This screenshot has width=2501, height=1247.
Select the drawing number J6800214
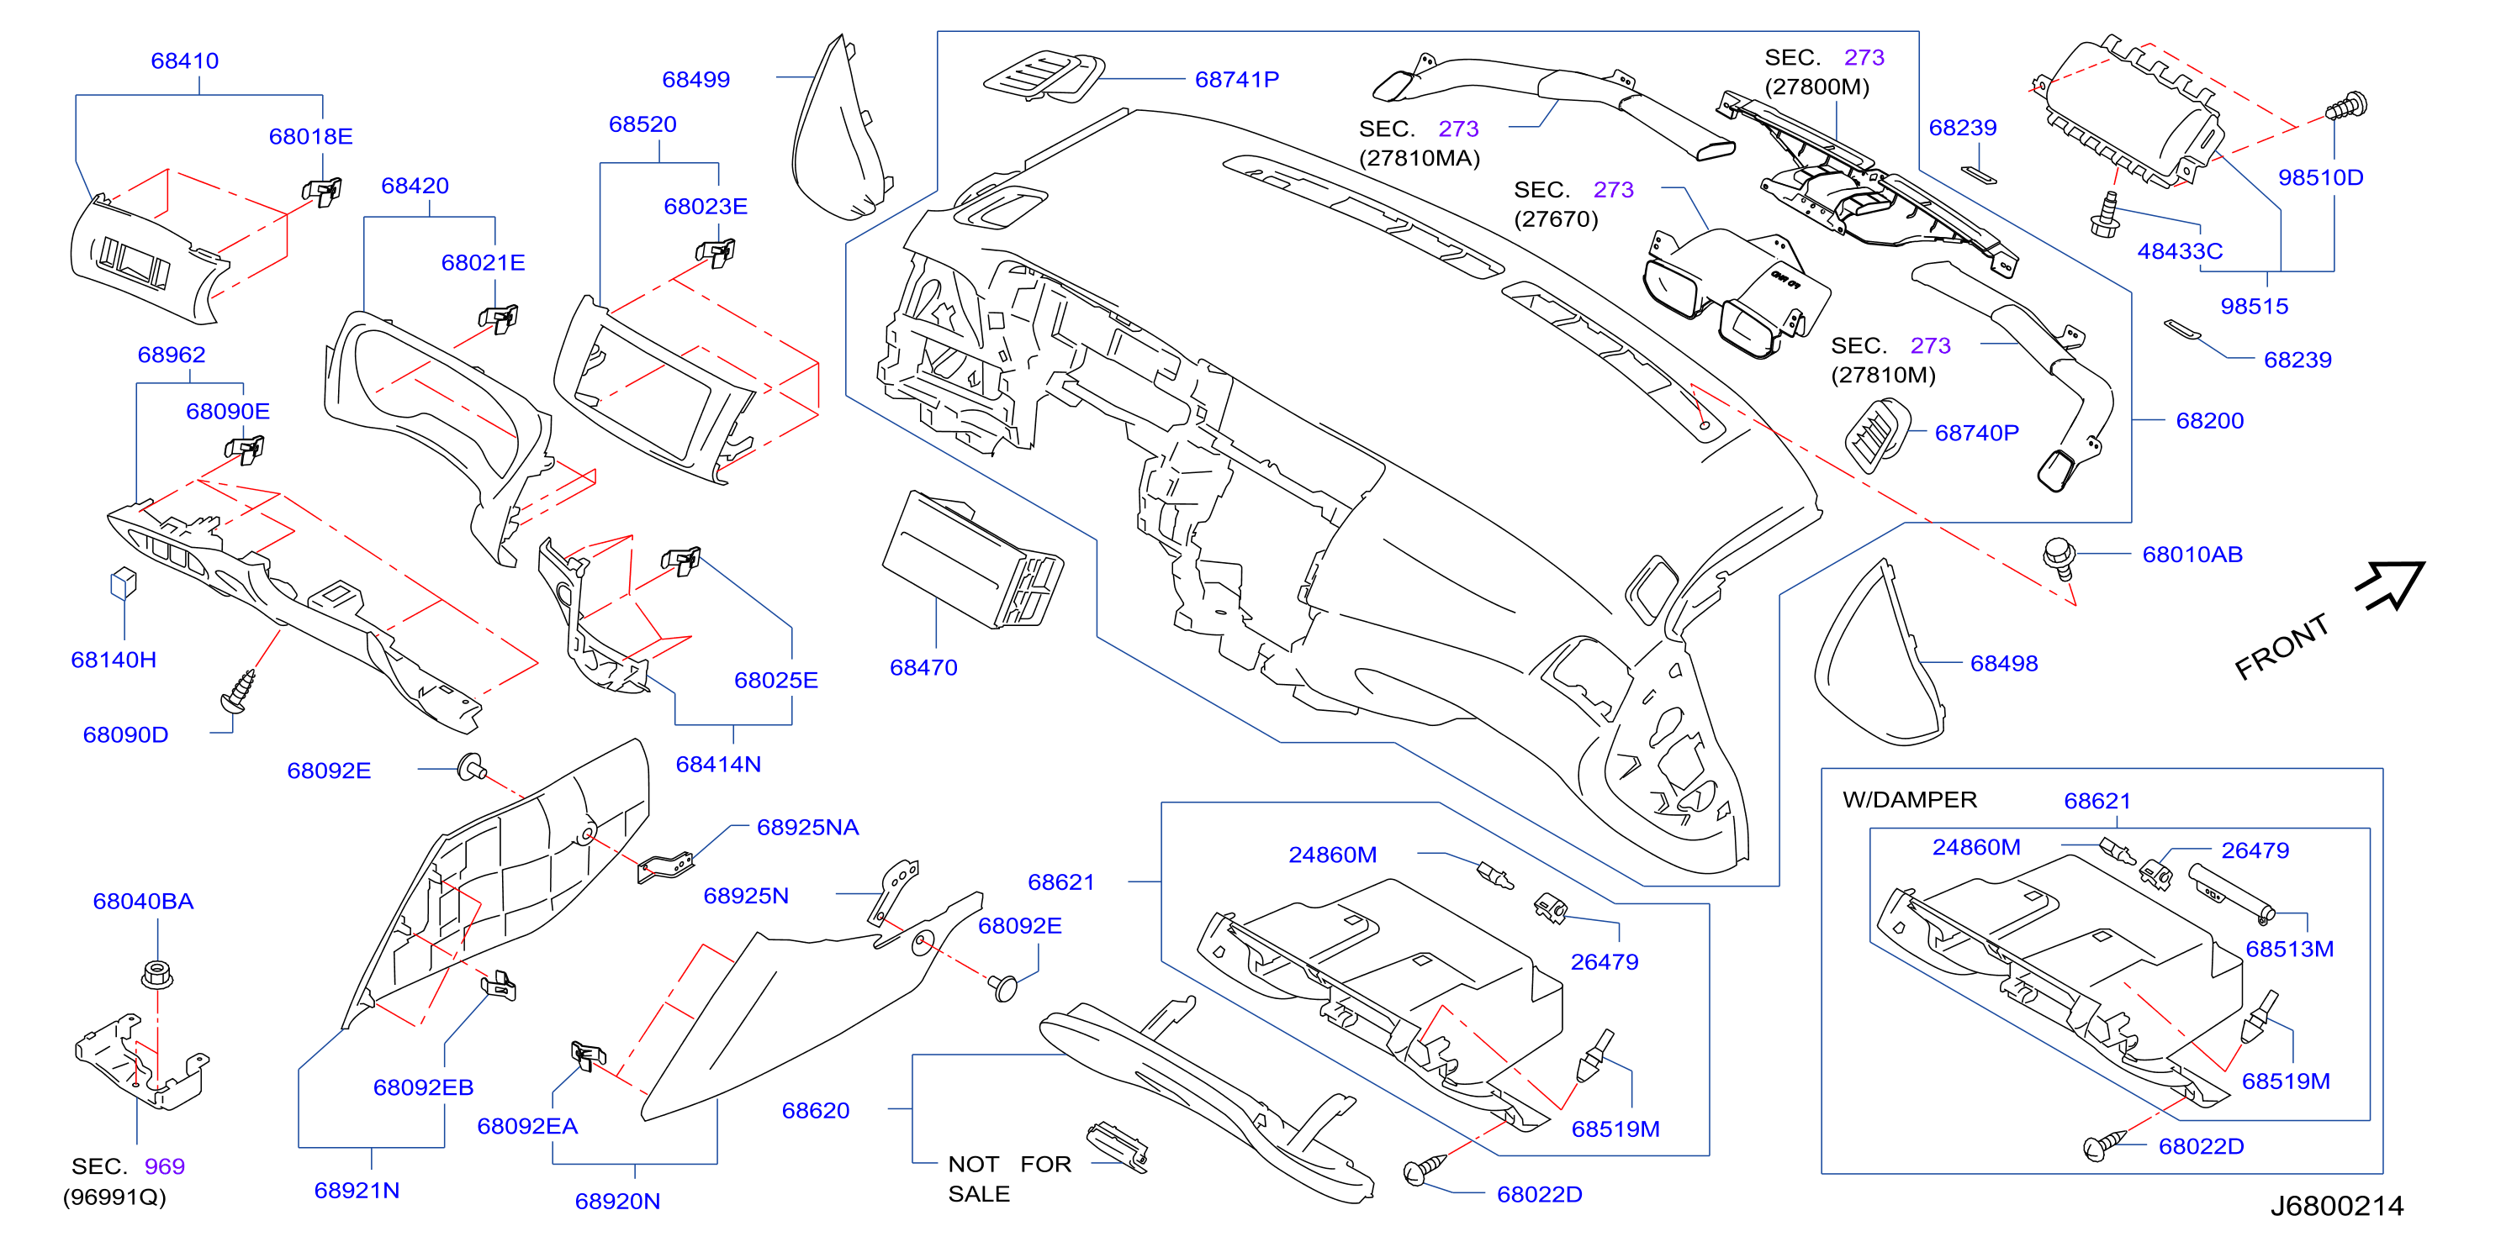2337,1206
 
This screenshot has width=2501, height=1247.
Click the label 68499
695,80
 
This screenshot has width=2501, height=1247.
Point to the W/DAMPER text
1909,800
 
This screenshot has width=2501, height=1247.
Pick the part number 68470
923,668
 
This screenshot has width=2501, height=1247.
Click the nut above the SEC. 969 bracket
157,973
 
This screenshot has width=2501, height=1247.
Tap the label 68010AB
2192,555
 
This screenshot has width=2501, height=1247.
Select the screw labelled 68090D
239,690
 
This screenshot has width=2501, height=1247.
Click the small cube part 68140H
124,583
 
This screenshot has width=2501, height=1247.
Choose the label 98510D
2320,177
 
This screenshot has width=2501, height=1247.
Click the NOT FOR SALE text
1009,1179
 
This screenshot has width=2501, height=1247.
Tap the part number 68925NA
808,828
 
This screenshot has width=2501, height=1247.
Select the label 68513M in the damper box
2289,949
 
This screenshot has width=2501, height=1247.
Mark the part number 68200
2210,421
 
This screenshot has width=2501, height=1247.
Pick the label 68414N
718,765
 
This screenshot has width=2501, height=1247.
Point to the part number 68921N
357,1191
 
